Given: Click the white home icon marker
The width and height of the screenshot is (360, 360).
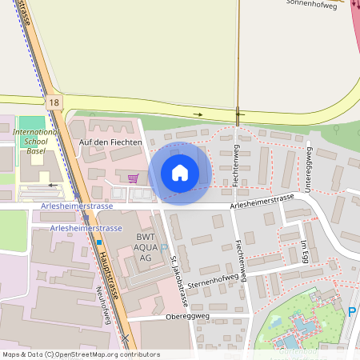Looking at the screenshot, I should coord(180,172).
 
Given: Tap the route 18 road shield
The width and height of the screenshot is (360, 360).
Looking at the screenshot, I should coord(53,102).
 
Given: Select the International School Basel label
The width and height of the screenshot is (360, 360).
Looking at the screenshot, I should coord(37,141).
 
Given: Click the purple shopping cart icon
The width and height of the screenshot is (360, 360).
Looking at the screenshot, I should coord(133,178).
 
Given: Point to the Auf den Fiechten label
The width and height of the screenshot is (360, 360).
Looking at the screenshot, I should coord(110,142).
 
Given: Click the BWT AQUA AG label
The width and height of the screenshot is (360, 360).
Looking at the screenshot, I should coord(144,247).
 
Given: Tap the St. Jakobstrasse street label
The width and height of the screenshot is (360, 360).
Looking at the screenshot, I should coord(178,281).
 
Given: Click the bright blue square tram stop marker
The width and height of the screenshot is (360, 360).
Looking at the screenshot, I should coord(99,241).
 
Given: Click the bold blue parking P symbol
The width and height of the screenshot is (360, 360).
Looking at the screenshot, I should coord(351,311).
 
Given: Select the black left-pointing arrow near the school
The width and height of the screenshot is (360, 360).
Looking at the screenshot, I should coord(52,184).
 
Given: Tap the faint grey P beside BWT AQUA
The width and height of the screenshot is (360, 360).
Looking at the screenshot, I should coord(164,250).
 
